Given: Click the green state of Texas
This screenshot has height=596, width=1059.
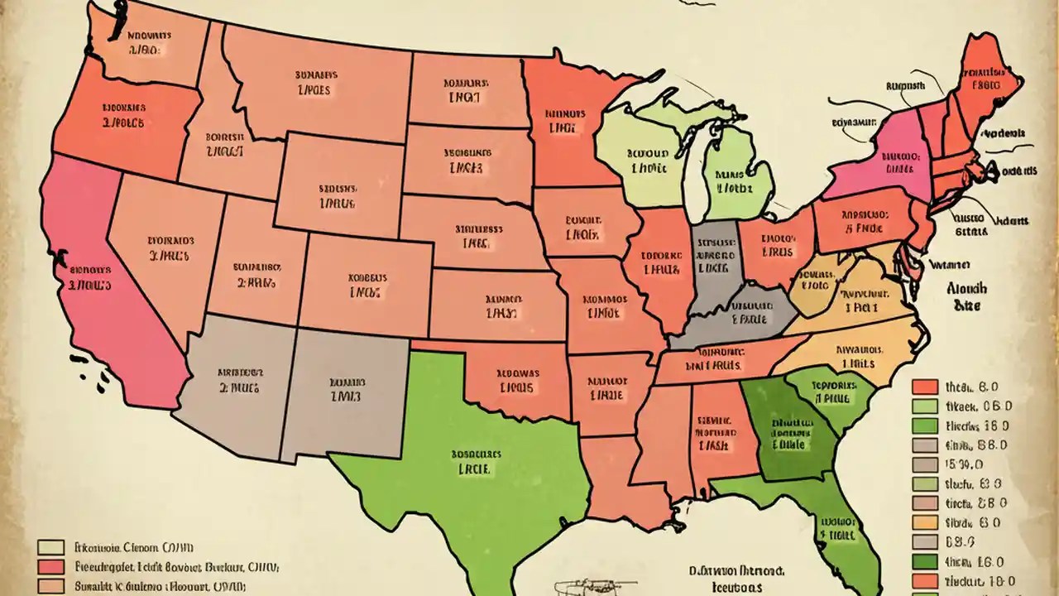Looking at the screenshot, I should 463,488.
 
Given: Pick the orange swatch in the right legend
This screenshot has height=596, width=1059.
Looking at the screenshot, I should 925,522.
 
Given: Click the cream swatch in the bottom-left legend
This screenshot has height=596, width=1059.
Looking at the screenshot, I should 51,547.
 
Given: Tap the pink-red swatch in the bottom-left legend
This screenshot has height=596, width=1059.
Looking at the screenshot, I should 51,567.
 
